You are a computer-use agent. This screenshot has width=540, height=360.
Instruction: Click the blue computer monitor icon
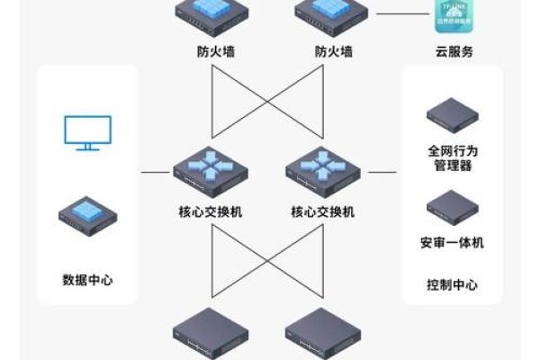click(x=87, y=132)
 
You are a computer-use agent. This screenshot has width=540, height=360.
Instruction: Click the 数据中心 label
click(x=87, y=279)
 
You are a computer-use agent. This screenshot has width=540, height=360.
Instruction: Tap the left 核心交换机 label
click(x=210, y=212)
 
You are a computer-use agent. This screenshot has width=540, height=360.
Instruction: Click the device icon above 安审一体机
click(x=451, y=206)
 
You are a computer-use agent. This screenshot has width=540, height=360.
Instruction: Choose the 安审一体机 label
click(x=451, y=242)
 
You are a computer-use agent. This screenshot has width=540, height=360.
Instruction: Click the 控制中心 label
click(x=451, y=284)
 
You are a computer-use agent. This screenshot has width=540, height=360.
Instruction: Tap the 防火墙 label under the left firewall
click(x=210, y=52)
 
